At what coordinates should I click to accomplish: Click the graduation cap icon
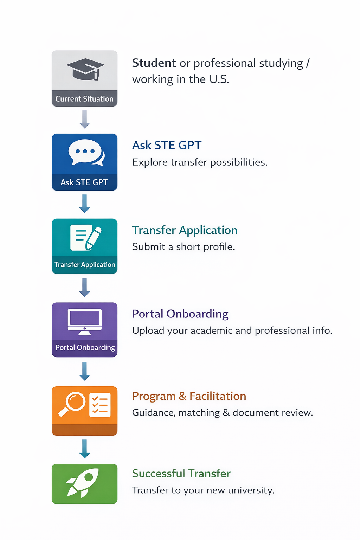(x=85, y=69)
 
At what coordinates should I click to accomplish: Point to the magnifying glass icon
(x=72, y=404)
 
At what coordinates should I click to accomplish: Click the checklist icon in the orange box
(x=100, y=405)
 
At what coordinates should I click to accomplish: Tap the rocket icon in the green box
(x=83, y=482)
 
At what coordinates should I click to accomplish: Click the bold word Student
(x=154, y=63)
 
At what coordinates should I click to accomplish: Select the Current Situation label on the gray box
(x=84, y=99)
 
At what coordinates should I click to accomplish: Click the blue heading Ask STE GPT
(x=167, y=145)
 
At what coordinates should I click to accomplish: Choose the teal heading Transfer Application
(x=185, y=230)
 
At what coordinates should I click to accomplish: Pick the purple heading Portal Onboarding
(x=180, y=314)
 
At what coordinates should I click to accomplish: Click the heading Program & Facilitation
(x=189, y=396)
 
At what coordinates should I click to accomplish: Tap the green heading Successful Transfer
(x=181, y=474)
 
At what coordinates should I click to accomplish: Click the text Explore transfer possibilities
(x=200, y=162)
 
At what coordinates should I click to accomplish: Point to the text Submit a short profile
(x=184, y=247)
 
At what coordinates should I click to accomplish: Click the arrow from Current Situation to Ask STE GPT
(x=84, y=119)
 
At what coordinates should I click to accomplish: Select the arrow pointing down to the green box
(x=84, y=449)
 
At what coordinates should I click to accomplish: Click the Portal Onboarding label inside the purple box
(x=85, y=348)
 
